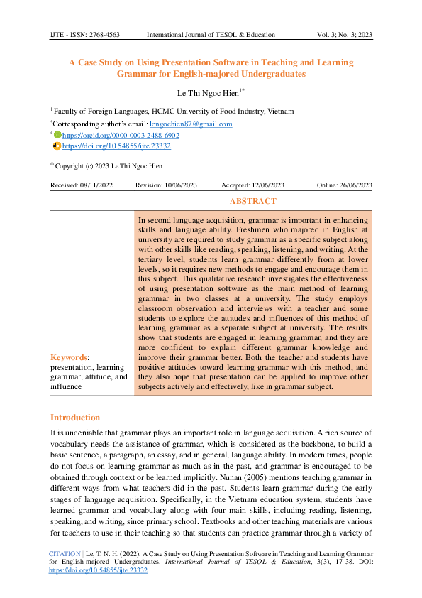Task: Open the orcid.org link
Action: tap(121, 135)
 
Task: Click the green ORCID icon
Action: tap(57, 135)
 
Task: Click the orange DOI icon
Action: tap(57, 146)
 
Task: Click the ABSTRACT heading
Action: tap(253, 202)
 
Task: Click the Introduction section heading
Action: tap(75, 418)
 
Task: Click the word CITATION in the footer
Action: tap(64, 551)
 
